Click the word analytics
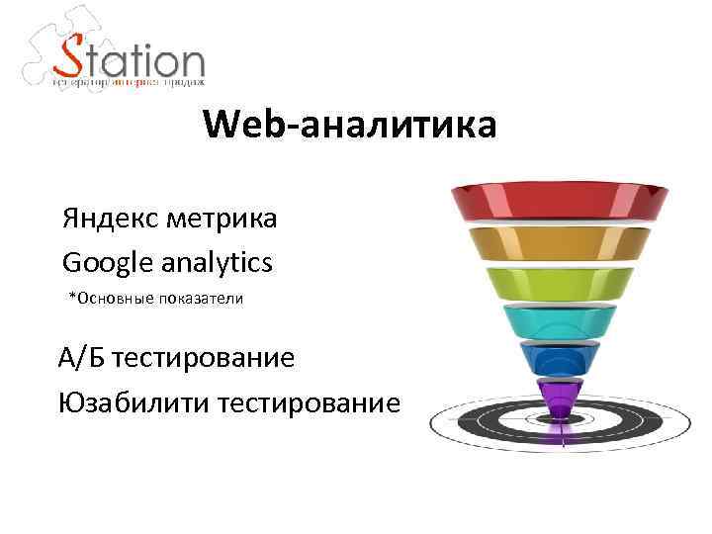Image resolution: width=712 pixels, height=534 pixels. (x=219, y=263)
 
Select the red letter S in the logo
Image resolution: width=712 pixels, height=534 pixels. (x=71, y=60)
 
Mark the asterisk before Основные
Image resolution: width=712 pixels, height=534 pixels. (x=71, y=297)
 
